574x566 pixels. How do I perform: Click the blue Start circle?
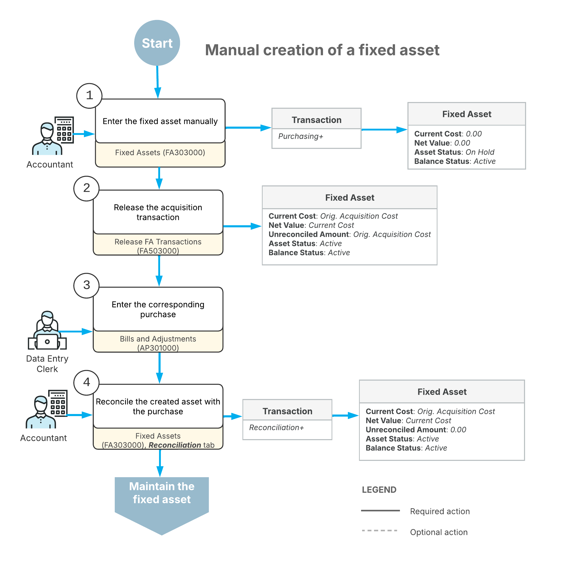[157, 43]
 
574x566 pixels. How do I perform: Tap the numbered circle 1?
[89, 96]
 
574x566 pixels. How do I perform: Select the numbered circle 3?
[86, 285]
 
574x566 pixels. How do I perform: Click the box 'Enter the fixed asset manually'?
[160, 121]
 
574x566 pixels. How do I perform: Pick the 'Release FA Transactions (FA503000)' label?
[158, 246]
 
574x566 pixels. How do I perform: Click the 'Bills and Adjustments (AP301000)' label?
[158, 343]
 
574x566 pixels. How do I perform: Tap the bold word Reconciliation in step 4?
[175, 445]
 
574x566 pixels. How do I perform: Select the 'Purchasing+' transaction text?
[301, 136]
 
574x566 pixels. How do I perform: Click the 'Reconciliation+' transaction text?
[276, 428]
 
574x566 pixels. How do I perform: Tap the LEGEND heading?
[379, 490]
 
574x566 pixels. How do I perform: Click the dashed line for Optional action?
[380, 530]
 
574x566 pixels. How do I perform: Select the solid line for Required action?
[380, 511]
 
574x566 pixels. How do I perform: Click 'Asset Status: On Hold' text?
[454, 152]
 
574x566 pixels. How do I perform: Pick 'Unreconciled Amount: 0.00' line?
[416, 430]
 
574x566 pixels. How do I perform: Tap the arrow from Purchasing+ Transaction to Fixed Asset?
[384, 129]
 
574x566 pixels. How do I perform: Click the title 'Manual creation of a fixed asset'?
[322, 50]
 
